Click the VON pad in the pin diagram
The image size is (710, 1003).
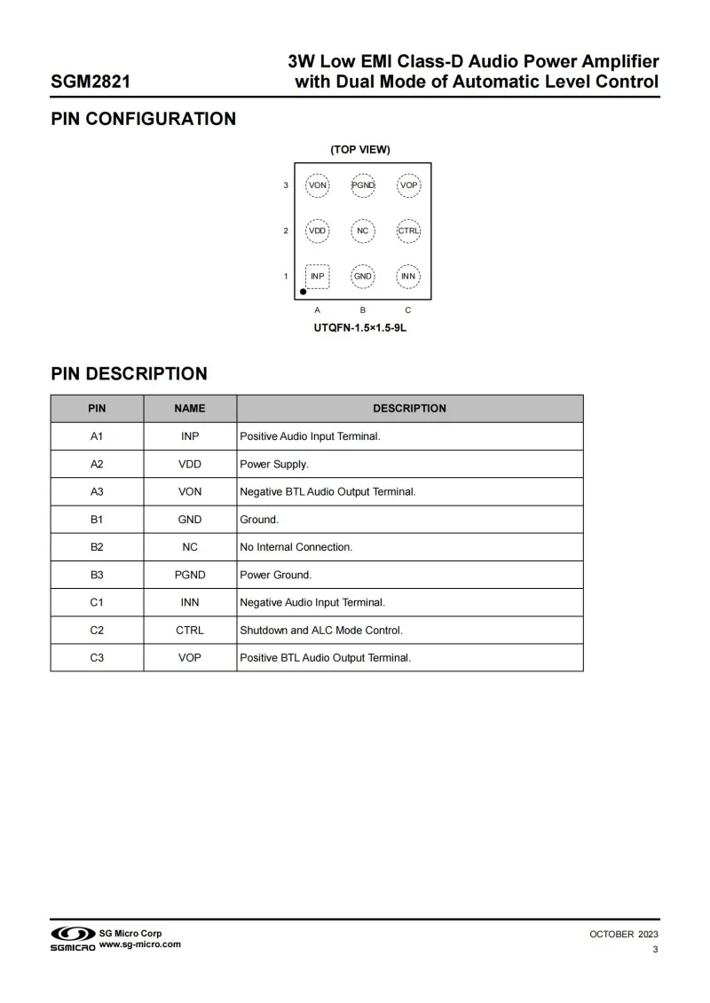[318, 185]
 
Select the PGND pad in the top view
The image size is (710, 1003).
[363, 185]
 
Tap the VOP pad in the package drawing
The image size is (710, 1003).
[408, 185]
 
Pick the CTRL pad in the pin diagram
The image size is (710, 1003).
[408, 231]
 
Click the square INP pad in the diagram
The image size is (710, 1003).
[318, 276]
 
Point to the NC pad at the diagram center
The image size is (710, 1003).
[363, 231]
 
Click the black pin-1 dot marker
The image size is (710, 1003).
[304, 291]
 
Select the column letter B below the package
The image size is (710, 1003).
[363, 310]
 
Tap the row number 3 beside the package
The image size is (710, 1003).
[286, 185]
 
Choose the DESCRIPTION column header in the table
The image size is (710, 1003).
[409, 409]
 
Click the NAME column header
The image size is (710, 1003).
[190, 409]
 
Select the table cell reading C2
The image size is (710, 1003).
[97, 630]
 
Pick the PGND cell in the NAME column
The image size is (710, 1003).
[190, 575]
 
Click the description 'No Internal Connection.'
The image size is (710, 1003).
[296, 547]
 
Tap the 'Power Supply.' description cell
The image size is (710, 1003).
[274, 464]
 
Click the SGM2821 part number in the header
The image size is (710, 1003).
[91, 82]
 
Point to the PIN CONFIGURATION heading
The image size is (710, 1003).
[143, 119]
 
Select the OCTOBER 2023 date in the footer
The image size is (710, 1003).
[624, 935]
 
